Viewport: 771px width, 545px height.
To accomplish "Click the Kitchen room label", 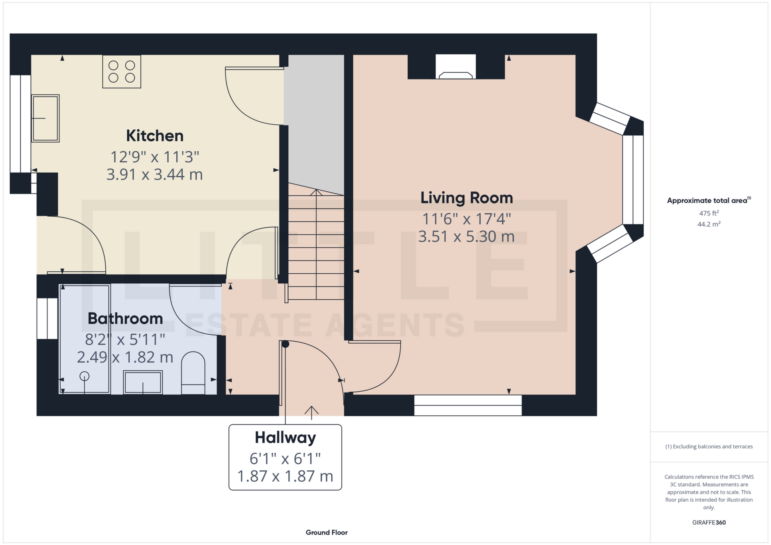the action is click(x=155, y=136).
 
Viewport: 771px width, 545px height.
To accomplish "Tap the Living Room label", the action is click(x=467, y=198).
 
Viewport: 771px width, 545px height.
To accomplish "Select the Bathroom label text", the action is click(x=125, y=318).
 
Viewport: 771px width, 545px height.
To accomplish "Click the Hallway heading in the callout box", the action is click(x=285, y=438).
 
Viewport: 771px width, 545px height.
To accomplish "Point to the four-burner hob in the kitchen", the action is click(x=122, y=71).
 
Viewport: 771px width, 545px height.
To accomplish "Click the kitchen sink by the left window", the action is click(x=45, y=118).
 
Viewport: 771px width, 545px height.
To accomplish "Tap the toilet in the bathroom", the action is click(x=193, y=373).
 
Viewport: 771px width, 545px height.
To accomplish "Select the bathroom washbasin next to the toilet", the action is click(x=143, y=382).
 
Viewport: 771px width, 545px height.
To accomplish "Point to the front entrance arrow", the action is click(x=312, y=413).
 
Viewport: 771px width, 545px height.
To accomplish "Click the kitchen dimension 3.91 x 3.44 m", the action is click(x=155, y=175).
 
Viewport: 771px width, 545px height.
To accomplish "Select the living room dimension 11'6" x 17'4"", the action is click(x=467, y=219).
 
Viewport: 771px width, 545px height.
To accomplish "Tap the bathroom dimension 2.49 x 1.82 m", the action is click(x=125, y=357).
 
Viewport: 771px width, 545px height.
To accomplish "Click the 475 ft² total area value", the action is click(x=709, y=213).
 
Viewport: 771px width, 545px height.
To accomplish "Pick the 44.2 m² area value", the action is click(x=709, y=224).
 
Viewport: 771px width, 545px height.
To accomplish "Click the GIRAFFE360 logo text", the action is click(x=709, y=523).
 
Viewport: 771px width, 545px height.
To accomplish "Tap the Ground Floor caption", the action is click(x=326, y=533).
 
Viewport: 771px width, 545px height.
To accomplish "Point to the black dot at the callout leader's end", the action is click(x=286, y=344).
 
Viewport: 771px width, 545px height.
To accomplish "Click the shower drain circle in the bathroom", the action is click(x=84, y=376).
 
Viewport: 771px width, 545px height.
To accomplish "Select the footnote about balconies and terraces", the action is click(x=709, y=447).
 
